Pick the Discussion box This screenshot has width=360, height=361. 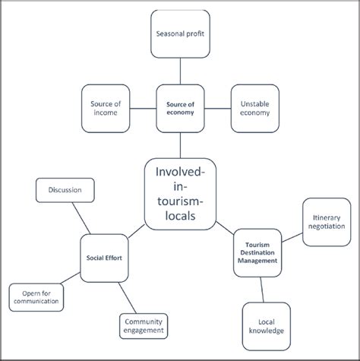(65, 190)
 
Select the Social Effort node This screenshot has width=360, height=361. (105, 256)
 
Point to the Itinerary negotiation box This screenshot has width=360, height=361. (327, 222)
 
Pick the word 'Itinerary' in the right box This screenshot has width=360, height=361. (327, 217)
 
